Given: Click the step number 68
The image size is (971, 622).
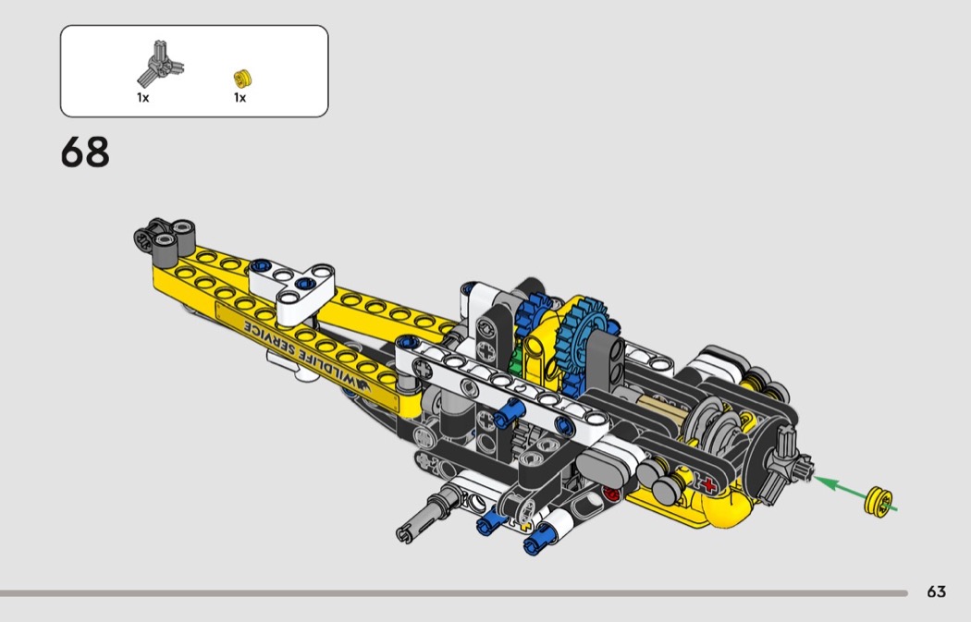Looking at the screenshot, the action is point(85,152).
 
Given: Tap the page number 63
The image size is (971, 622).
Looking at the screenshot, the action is point(936,592).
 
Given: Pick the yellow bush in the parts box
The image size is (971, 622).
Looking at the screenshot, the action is point(242,79).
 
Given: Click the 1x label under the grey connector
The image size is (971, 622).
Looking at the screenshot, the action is point(143,98).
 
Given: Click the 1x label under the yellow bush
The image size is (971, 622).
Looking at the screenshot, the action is point(240,98).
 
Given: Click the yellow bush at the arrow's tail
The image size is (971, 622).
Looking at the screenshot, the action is point(879,501).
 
